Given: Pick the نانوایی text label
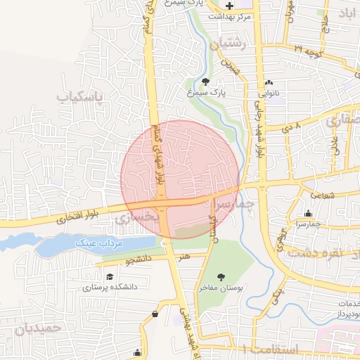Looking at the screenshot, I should click(x=270, y=92).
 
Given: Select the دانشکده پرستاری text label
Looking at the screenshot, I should click(x=110, y=287).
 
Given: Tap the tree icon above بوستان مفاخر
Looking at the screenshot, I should click(x=222, y=277).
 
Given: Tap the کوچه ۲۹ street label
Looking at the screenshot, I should click(x=307, y=50).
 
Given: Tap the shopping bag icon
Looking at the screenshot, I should click(x=154, y=314).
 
